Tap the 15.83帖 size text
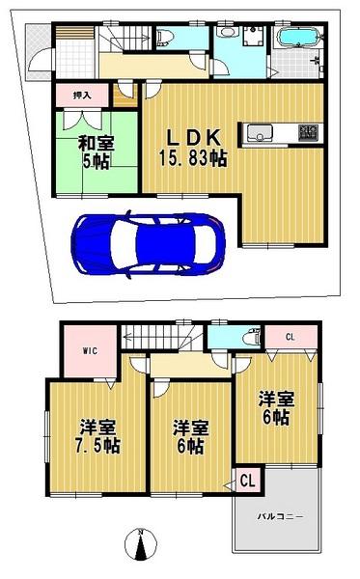(x=194, y=158)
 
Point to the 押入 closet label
(x=81, y=96)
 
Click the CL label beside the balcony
(x=246, y=480)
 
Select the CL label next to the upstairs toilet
(x=291, y=337)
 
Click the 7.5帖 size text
(x=99, y=446)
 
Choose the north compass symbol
(x=141, y=546)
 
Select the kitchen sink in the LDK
(x=262, y=132)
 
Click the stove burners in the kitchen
(x=309, y=132)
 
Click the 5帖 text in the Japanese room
(x=97, y=160)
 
